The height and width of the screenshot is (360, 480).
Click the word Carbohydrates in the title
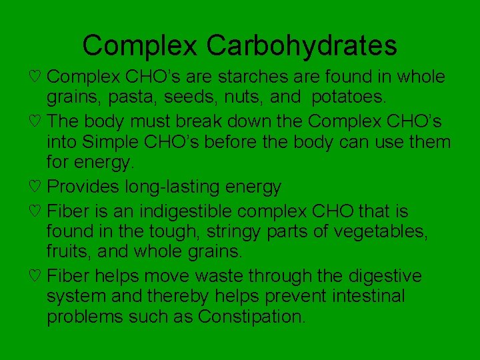301,46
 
